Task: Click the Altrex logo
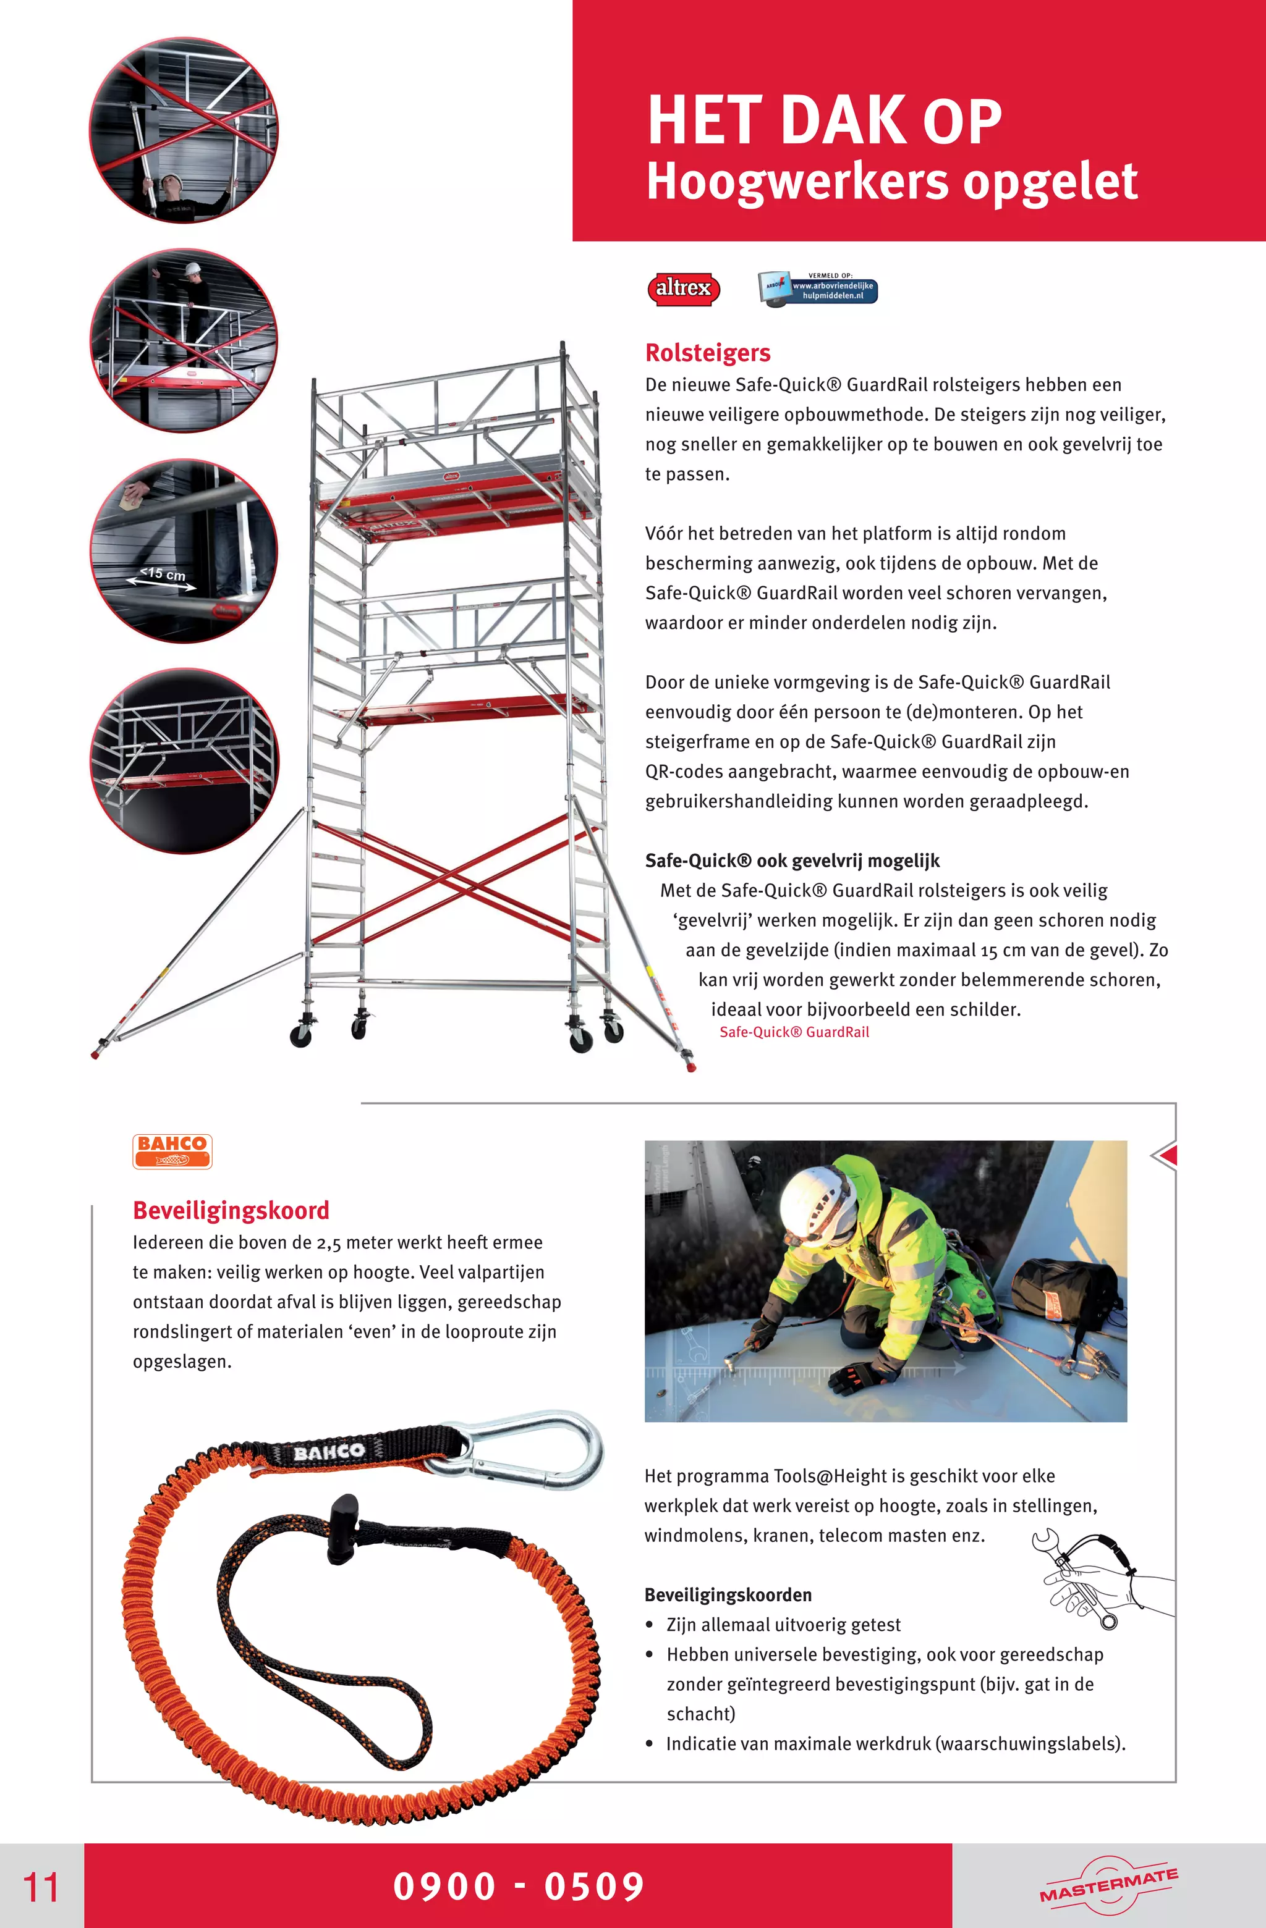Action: coord(683,288)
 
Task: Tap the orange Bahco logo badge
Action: coord(172,1150)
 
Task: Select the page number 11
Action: coord(41,1887)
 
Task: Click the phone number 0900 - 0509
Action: coord(519,1886)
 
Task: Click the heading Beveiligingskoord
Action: coord(231,1210)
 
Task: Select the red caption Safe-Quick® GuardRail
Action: coord(794,1032)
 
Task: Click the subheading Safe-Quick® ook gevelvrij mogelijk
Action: coord(792,861)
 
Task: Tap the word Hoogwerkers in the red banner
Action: coord(797,182)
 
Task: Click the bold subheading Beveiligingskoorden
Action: coord(727,1595)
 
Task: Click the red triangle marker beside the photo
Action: coord(1167,1156)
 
